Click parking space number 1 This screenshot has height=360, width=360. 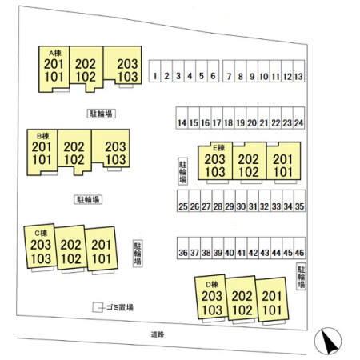click(155, 71)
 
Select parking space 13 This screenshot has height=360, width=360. click(298, 71)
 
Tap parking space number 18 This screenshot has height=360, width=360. click(229, 118)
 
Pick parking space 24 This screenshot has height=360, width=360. click(298, 118)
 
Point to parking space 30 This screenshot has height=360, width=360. click(241, 201)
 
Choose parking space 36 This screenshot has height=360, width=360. click(183, 248)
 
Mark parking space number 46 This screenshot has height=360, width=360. click(299, 248)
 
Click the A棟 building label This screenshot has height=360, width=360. click(55, 53)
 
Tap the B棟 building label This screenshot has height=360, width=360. click(43, 136)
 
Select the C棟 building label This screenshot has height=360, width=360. click(41, 233)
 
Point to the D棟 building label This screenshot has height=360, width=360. click(212, 285)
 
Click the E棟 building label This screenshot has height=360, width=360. click(218, 147)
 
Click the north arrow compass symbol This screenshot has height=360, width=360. click(328, 341)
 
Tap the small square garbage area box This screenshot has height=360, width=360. click(98, 307)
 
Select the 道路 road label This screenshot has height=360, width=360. click(158, 334)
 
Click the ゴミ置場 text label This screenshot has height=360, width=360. click(120, 307)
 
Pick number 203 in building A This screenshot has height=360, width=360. click(127, 64)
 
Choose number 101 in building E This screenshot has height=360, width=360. click(283, 172)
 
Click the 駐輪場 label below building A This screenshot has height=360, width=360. click(102, 114)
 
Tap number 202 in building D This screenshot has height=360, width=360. click(242, 296)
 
